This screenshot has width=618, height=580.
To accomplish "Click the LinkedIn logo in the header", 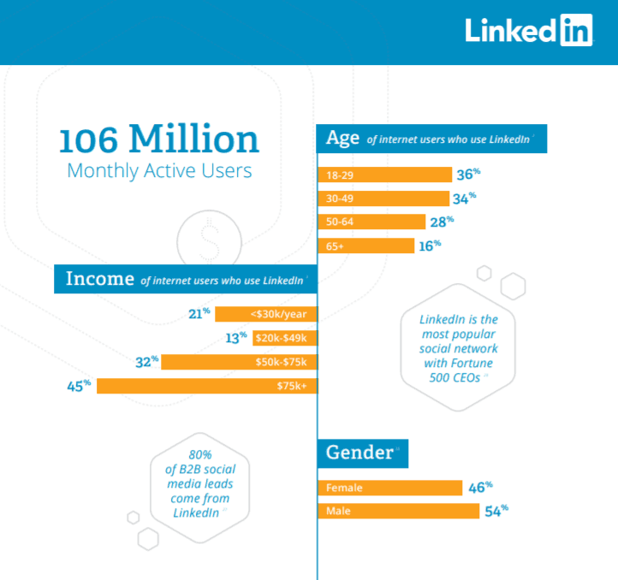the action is [x=528, y=30].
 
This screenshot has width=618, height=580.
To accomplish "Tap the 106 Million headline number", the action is [x=159, y=139].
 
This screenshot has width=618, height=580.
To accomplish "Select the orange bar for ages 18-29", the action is [x=384, y=175].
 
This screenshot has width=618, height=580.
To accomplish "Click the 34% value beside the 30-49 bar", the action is [x=464, y=198].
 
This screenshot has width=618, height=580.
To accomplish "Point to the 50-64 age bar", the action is [x=371, y=222].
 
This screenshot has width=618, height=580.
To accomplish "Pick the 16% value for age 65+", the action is [x=430, y=246].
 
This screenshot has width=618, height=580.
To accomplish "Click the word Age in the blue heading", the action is [x=342, y=139].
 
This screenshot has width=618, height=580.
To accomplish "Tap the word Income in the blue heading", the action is [x=99, y=279].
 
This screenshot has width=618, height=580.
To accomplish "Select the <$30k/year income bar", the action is [x=266, y=314].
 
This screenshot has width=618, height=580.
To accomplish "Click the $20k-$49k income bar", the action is [x=285, y=338].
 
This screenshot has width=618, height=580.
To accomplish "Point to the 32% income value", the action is [x=147, y=362].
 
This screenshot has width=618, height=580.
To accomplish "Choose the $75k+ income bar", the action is [x=207, y=386].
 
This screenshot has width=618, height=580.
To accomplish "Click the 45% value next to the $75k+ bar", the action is [x=79, y=386].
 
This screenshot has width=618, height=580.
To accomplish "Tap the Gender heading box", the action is [x=363, y=453].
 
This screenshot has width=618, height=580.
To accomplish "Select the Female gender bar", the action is [x=390, y=488].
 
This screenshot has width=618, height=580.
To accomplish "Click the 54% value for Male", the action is [x=496, y=511].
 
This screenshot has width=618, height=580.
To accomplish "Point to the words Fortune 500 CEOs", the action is [x=459, y=370].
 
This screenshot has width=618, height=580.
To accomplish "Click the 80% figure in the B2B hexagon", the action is [x=200, y=455].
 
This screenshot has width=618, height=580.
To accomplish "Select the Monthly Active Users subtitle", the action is [x=159, y=171].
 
